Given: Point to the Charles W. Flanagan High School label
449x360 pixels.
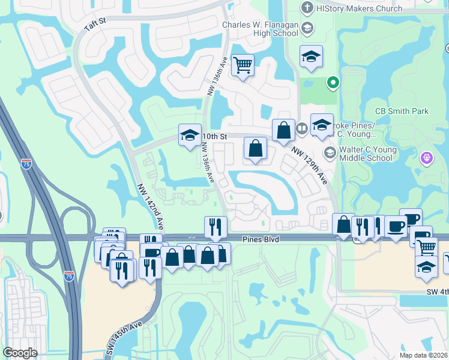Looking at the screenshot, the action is pyautogui.click(x=260, y=29).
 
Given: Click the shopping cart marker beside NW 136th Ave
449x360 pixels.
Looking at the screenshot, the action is pyautogui.click(x=243, y=65).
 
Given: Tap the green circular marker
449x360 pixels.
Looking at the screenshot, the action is pyautogui.click(x=333, y=83).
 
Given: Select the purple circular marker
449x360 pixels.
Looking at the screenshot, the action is pyautogui.click(x=426, y=158).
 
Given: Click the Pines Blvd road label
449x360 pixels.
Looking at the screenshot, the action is pyautogui.click(x=262, y=239).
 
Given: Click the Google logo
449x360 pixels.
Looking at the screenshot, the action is pyautogui.click(x=20, y=352).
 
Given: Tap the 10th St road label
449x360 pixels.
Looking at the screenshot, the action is pyautogui.click(x=215, y=136).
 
